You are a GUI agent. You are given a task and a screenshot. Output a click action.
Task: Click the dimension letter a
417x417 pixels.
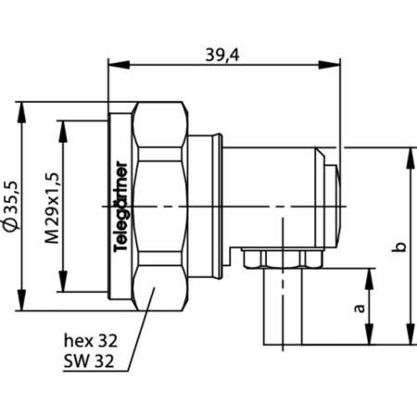pyautogui.click(x=360, y=307)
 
